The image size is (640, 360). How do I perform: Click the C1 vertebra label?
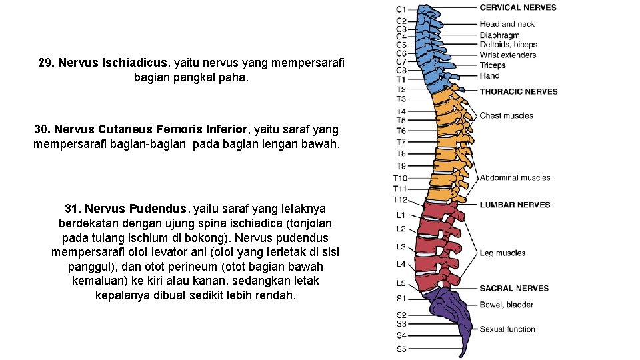(x=401, y=9)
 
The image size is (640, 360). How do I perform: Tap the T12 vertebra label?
(x=400, y=199)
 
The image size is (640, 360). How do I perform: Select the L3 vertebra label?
(x=401, y=247)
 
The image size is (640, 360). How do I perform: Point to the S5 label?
(x=401, y=349)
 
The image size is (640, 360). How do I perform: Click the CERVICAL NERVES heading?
(x=518, y=7)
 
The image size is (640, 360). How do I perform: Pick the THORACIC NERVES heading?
(x=519, y=91)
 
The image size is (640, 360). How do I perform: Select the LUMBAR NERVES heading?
(x=515, y=205)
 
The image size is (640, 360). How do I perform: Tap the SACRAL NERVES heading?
(x=514, y=289)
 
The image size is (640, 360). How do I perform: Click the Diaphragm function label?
(x=499, y=35)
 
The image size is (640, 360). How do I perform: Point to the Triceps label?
(x=493, y=65)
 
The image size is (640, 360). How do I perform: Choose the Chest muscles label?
(x=507, y=115)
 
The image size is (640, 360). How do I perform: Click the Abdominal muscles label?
(x=515, y=177)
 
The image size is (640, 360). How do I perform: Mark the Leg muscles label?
(x=503, y=253)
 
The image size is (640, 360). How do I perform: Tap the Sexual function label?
(x=507, y=329)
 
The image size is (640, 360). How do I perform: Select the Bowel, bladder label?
(x=507, y=305)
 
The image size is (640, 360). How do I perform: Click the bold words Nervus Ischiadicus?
(x=113, y=63)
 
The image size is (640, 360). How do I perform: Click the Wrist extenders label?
(x=508, y=55)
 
